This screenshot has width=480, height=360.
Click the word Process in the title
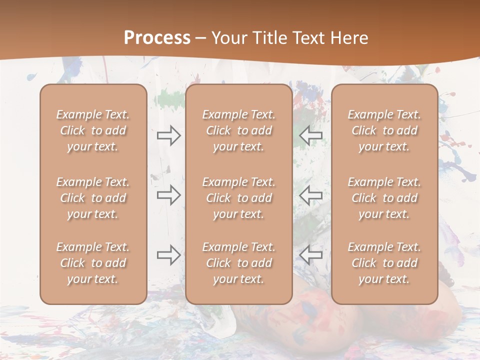tap(157, 38)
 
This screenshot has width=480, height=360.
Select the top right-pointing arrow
tap(169, 135)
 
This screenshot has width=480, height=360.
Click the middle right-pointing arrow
tap(169, 195)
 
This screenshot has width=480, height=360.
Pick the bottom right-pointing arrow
tap(169, 255)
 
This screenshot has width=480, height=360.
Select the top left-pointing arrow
tap(311, 135)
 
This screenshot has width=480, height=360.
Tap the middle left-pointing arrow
tap(311, 195)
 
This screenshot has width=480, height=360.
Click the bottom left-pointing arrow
tap(311, 255)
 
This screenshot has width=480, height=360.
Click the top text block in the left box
tap(93, 130)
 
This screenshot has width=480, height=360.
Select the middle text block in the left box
tap(93, 198)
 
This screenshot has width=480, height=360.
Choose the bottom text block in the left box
tap(93, 263)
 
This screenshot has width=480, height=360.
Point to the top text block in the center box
tap(238, 130)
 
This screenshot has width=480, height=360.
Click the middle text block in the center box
tap(238, 198)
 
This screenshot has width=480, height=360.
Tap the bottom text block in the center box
tap(238, 263)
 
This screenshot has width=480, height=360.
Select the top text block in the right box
tap(384, 130)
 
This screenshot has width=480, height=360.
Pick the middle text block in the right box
tap(384, 198)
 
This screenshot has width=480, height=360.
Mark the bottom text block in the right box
tap(384, 263)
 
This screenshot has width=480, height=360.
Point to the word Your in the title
tap(228, 38)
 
